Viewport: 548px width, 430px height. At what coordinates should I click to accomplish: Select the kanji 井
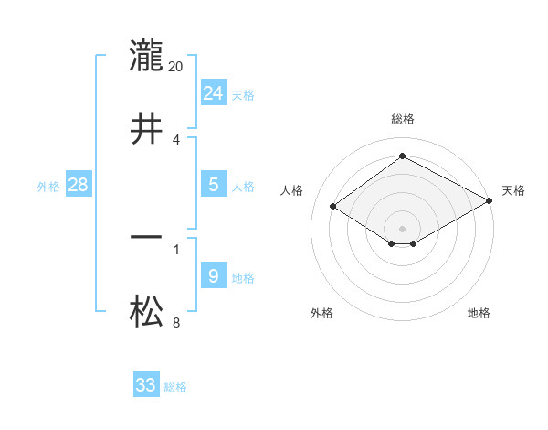pyautogui.click(x=146, y=129)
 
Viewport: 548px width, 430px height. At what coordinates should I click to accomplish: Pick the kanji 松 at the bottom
pyautogui.click(x=146, y=312)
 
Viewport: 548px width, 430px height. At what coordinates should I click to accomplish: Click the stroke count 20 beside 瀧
pyautogui.click(x=176, y=67)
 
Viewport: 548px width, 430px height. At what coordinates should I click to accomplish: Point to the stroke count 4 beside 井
pyautogui.click(x=176, y=140)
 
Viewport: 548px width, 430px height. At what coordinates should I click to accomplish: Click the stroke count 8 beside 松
pyautogui.click(x=176, y=322)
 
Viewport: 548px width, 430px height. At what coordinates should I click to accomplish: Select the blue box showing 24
pyautogui.click(x=214, y=93)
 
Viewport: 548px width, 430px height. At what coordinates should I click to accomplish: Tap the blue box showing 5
pyautogui.click(x=214, y=185)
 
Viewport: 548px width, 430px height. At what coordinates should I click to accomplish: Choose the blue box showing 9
pyautogui.click(x=214, y=276)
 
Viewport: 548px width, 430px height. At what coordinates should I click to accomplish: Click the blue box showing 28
pyautogui.click(x=79, y=185)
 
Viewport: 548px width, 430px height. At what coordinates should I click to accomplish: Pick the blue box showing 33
pyautogui.click(x=146, y=385)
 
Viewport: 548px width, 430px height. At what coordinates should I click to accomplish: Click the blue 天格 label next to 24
pyautogui.click(x=243, y=95)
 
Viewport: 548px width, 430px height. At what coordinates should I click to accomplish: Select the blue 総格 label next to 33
pyautogui.click(x=175, y=387)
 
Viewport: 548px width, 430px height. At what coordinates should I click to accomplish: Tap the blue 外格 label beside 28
pyautogui.click(x=48, y=187)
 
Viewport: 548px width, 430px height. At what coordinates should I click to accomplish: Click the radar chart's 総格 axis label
pyautogui.click(x=403, y=119)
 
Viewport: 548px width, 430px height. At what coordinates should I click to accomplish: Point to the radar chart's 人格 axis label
pyautogui.click(x=292, y=190)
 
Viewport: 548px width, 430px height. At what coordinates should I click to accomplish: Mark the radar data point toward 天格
pyautogui.click(x=490, y=202)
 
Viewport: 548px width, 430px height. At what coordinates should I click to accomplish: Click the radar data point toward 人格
pyautogui.click(x=333, y=207)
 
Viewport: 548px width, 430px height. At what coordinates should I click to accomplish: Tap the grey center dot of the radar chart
pyautogui.click(x=403, y=228)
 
